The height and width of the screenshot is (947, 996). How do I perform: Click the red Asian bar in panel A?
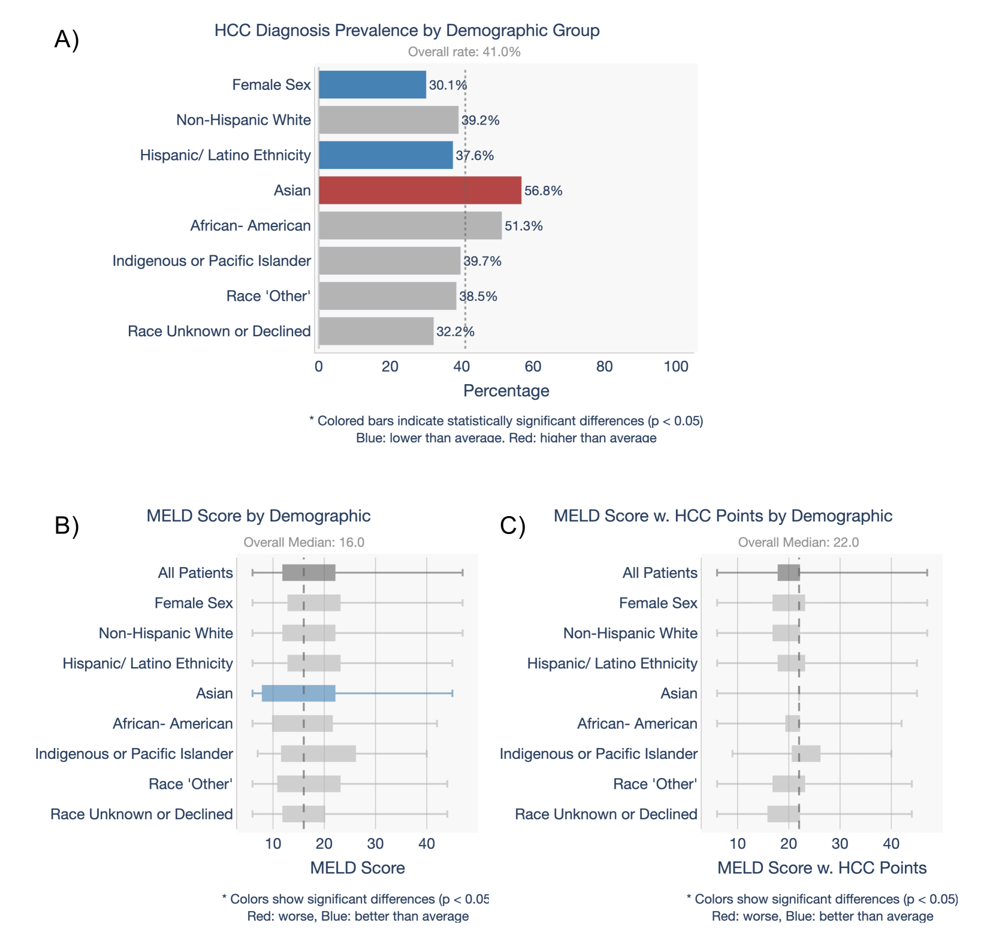coord(419,191)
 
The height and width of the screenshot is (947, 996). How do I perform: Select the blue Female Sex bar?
coord(372,85)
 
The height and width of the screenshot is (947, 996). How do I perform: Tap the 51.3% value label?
coord(524,226)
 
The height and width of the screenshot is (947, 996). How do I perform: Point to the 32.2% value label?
coord(455,331)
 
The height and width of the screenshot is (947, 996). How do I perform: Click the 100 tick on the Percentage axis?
coord(676,367)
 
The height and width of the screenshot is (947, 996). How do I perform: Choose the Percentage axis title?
coord(506,391)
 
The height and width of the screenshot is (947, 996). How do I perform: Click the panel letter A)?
coord(67,40)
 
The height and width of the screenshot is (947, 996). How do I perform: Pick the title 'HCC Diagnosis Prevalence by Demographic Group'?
coord(407,31)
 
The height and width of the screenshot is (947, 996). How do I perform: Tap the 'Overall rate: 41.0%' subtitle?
coord(464,52)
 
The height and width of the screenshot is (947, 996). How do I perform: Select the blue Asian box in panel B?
coord(298,693)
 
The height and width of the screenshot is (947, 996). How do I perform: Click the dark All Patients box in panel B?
coord(309,573)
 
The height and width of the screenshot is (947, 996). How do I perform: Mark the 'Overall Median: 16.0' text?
coord(304,542)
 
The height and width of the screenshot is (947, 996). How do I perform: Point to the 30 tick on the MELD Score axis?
coord(375,844)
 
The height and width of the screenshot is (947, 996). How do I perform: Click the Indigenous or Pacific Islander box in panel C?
coord(806,754)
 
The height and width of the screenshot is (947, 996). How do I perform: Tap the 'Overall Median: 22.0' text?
coord(798,542)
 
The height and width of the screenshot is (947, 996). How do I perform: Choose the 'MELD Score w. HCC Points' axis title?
coord(822,868)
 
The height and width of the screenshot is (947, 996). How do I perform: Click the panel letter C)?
coord(512,526)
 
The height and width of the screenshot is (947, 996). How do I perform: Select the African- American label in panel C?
coord(637,723)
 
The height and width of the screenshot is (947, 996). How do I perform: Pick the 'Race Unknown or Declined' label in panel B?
coord(141,814)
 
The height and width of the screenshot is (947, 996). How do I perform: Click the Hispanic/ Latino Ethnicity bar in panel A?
coord(385,155)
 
